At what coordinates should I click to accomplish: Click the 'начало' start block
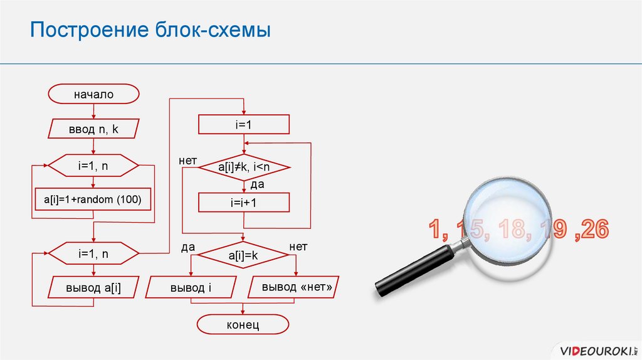tap(93, 95)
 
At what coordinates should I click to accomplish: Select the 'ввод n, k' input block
tap(93, 129)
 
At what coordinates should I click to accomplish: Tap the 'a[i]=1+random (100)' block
tap(93, 199)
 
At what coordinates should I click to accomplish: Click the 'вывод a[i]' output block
tap(93, 288)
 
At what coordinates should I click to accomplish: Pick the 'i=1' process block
tap(243, 125)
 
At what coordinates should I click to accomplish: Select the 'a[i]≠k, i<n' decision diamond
tap(243, 167)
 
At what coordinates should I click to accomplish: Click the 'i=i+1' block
tap(243, 203)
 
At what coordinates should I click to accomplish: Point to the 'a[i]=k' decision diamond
tap(243, 256)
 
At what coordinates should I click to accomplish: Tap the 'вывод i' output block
tap(191, 288)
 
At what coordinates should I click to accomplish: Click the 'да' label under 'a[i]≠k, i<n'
tap(257, 185)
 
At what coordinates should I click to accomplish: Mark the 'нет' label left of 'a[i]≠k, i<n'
tap(188, 161)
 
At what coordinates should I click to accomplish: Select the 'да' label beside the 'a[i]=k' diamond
tap(188, 247)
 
